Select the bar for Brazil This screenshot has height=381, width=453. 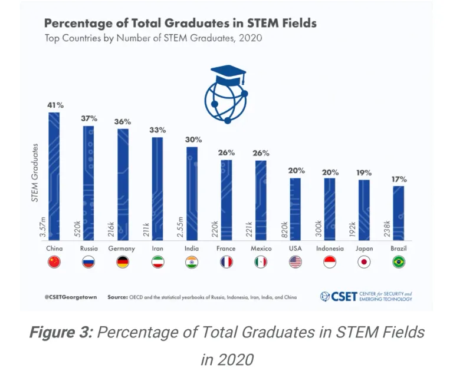point(399,212)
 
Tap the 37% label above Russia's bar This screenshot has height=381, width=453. point(88,118)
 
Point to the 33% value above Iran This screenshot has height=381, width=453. point(157,130)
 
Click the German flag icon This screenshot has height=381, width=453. point(123,263)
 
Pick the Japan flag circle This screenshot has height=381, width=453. point(365,263)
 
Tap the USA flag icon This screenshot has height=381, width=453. point(296,263)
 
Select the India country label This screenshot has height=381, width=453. point(192,249)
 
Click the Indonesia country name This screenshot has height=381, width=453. point(330,249)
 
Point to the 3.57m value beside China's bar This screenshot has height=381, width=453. point(43,227)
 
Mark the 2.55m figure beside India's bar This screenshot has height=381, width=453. point(181,227)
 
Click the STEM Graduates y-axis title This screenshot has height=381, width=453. point(35,173)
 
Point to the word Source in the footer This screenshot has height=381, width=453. point(117,297)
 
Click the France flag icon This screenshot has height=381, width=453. point(226,263)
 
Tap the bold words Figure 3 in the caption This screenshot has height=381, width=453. point(59,332)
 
